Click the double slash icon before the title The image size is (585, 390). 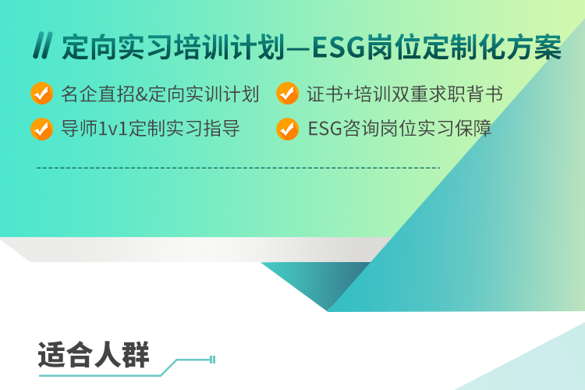tap(43, 45)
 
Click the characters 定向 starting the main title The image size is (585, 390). tap(89, 47)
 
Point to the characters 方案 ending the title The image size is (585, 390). tap(534, 47)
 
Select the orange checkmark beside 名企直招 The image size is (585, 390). tap(42, 94)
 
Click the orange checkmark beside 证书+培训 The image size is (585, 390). tap(287, 94)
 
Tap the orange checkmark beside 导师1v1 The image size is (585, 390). tap(42, 129)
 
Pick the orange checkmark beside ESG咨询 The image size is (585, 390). tap(287, 129)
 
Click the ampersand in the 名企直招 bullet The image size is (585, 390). tap(142, 94)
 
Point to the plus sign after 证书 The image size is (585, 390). tap(349, 94)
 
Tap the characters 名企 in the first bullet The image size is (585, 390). tap(80, 94)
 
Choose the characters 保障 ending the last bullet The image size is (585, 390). tap(473, 129)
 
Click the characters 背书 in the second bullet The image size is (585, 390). tap(484, 94)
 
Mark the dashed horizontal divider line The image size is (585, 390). tap(239, 168)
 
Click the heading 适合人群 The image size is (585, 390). tap(94, 355)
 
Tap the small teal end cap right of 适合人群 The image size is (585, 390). tap(213, 360)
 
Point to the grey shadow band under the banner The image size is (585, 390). tap(194, 250)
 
